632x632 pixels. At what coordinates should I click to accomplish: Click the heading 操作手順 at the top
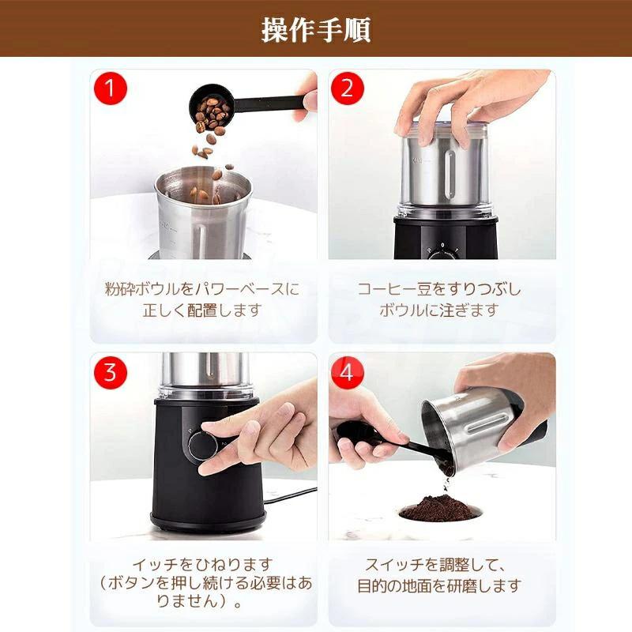pyautogui.click(x=316, y=29)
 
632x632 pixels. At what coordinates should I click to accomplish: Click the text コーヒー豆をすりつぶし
pyautogui.click(x=440, y=289)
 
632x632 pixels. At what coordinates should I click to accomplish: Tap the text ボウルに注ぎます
pyautogui.click(x=440, y=310)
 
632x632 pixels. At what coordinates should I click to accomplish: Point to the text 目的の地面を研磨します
pyautogui.click(x=440, y=586)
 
